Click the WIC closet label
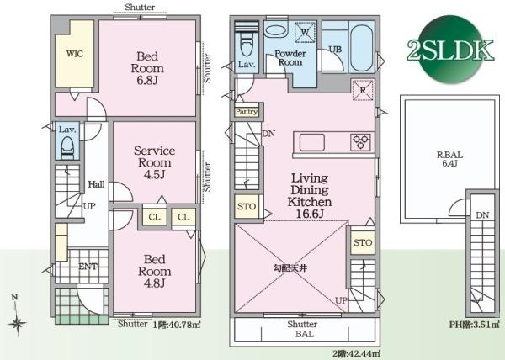pyautogui.click(x=75, y=54)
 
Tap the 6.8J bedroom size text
pyautogui.click(x=147, y=80)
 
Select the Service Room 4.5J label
pyautogui.click(x=155, y=162)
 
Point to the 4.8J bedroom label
pyautogui.click(x=155, y=283)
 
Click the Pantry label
pyautogui.click(x=247, y=112)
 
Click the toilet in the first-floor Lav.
pyautogui.click(x=67, y=147)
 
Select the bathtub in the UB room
pyautogui.click(x=361, y=48)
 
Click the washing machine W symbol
pyautogui.click(x=305, y=32)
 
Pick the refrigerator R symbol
pyautogui.click(x=363, y=90)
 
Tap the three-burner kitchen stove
pyautogui.click(x=360, y=142)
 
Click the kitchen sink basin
pyautogui.click(x=311, y=142)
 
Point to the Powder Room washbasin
pyautogui.click(x=276, y=30)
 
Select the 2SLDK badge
pyautogui.click(x=450, y=50)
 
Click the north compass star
pyautogui.click(x=18, y=323)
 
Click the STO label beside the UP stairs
pyautogui.click(x=363, y=242)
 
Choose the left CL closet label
pyautogui.click(x=154, y=217)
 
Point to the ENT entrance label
pyautogui.click(x=88, y=267)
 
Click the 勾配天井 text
pyautogui.click(x=290, y=268)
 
